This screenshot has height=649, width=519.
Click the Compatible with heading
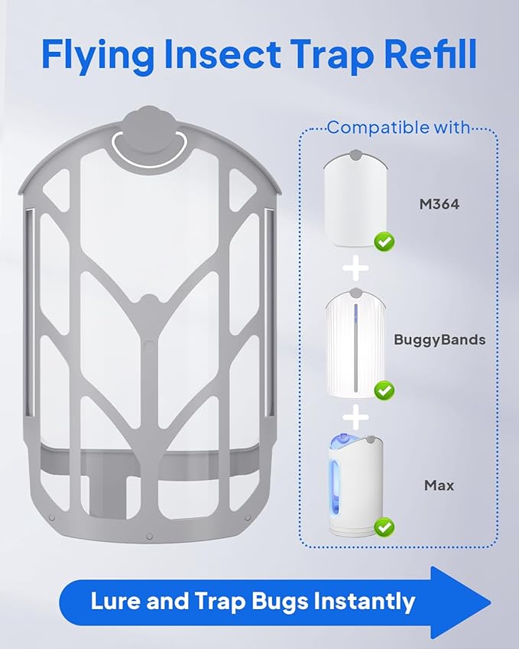(x=398, y=128)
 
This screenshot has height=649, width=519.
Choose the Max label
(x=439, y=485)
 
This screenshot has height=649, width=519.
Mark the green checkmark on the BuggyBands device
(x=384, y=391)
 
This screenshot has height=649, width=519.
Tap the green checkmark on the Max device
(x=383, y=527)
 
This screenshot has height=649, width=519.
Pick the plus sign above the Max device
(x=353, y=417)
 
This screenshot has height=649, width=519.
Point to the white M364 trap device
(x=353, y=199)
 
